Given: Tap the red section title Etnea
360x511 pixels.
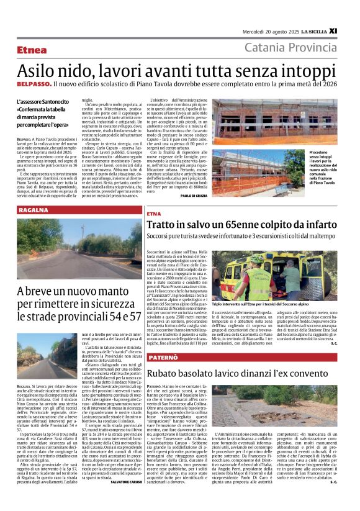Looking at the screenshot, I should tap(32, 50).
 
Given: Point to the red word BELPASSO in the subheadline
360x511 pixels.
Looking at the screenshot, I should tap(34, 83).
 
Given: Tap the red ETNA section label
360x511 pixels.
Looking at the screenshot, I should tap(154, 214).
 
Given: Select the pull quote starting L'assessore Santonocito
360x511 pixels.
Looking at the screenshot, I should tap(42, 114).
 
